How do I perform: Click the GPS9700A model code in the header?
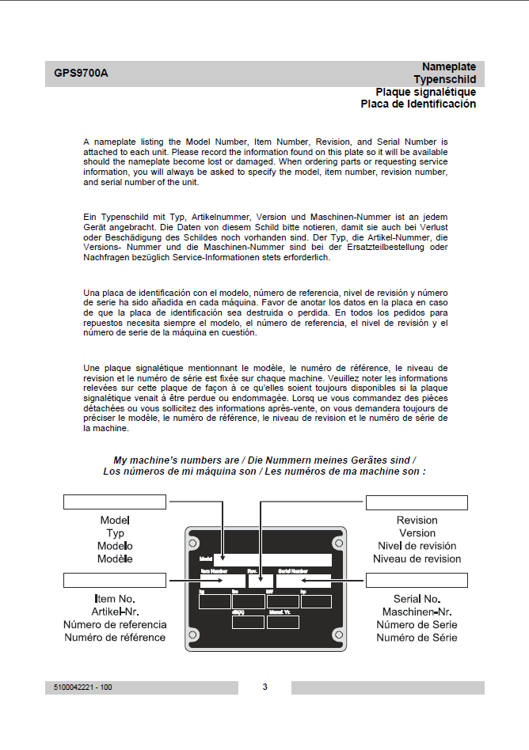[82, 74]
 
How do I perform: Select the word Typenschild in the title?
[444, 80]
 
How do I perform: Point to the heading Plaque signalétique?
[425, 92]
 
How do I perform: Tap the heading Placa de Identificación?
[418, 104]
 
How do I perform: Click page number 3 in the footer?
[264, 687]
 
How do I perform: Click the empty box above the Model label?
[114, 502]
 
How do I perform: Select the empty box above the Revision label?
[417, 502]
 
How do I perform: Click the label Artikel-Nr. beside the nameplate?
[116, 612]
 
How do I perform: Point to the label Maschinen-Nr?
[417, 612]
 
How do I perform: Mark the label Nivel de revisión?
[417, 546]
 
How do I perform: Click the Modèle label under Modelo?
[115, 559]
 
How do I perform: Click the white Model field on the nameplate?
[272, 560]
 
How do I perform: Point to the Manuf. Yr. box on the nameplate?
[283, 622]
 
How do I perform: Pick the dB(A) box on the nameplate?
[248, 622]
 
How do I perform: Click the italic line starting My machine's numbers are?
[264, 460]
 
